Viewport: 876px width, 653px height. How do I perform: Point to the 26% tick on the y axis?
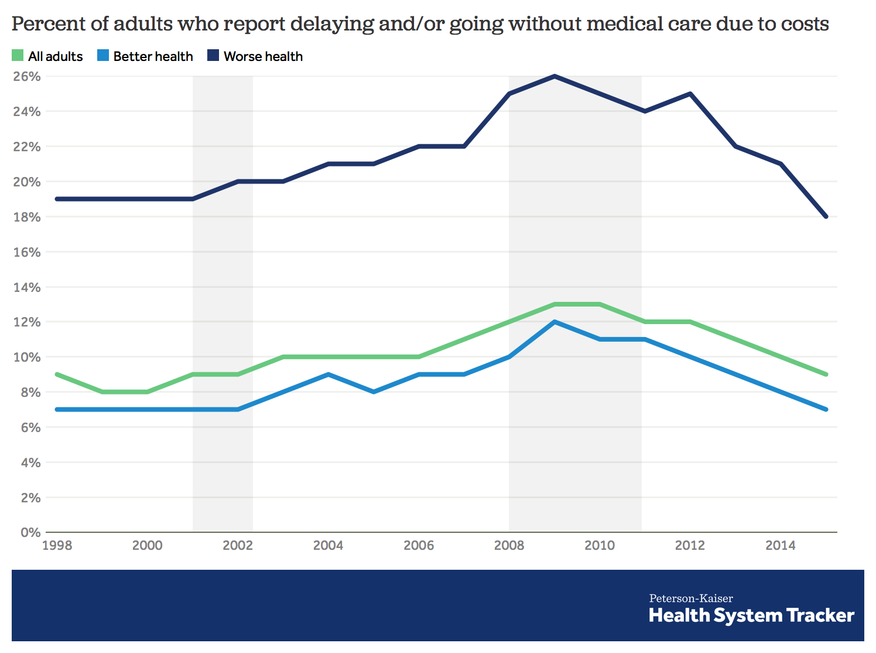click(x=27, y=76)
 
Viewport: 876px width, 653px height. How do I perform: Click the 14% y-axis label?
click(x=27, y=287)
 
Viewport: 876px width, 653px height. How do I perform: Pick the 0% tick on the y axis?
click(x=30, y=533)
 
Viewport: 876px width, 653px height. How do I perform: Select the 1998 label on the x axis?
click(x=57, y=546)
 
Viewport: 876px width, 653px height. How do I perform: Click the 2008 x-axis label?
click(x=509, y=546)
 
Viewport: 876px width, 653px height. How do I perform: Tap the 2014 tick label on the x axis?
click(x=781, y=546)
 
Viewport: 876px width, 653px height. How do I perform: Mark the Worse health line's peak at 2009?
click(x=555, y=76)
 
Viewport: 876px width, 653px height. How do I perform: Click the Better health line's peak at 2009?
click(x=555, y=322)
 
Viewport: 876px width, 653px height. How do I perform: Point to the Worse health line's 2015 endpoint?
click(x=826, y=217)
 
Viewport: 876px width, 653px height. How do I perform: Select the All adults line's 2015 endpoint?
click(x=826, y=374)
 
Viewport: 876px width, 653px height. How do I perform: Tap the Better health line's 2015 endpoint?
click(x=826, y=409)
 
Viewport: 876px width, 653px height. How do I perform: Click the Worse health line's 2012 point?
click(x=690, y=94)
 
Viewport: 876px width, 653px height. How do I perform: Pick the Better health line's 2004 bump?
click(x=328, y=374)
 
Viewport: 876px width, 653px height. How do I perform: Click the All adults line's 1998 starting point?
click(x=57, y=374)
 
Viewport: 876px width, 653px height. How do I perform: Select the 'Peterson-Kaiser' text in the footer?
click(x=691, y=598)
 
